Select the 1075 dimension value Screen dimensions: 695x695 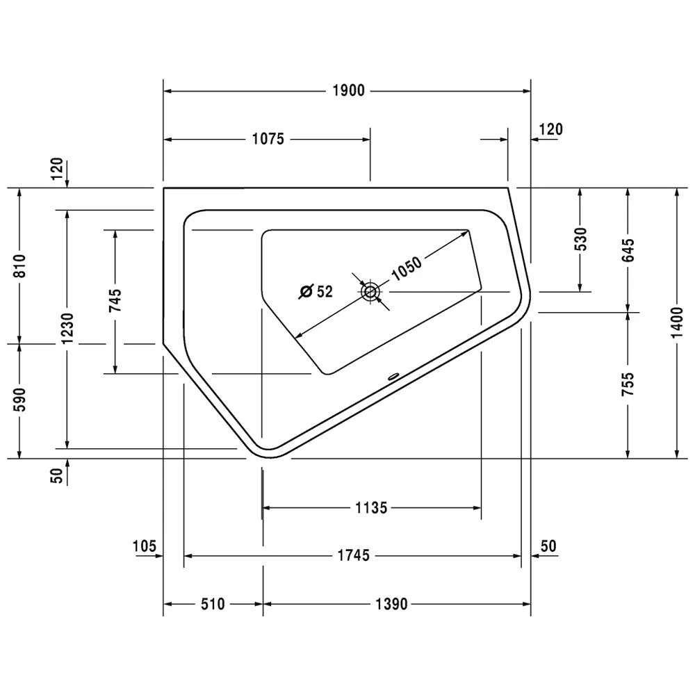(x=268, y=139)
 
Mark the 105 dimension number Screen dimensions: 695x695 (x=144, y=546)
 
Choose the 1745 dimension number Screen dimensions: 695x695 (x=354, y=555)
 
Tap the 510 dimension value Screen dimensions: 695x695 (x=213, y=605)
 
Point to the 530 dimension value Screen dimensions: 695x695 (x=581, y=238)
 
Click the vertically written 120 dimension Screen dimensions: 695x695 (x=57, y=168)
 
